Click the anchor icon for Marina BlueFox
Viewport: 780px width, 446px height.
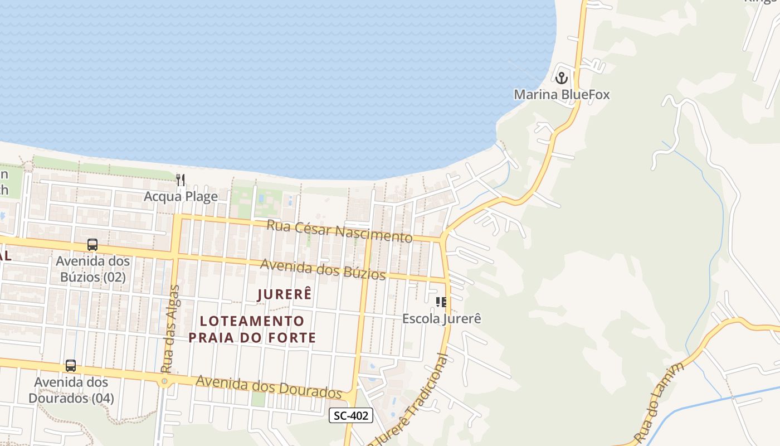click(562, 77)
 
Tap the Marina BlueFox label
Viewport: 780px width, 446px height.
click(562, 94)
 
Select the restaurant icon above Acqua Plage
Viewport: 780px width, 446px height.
click(181, 180)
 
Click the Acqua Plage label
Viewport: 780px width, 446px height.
click(181, 196)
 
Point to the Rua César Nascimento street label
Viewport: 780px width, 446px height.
click(339, 231)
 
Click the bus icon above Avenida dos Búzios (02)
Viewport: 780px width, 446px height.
click(92, 244)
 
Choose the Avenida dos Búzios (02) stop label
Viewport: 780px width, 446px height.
click(92, 269)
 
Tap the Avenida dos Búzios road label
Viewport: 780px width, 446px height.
click(323, 269)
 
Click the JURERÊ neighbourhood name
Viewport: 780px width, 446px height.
click(284, 294)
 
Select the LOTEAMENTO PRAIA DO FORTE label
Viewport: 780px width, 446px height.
click(252, 329)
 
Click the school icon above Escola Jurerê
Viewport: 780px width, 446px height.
click(441, 302)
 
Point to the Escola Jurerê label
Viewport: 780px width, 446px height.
click(441, 318)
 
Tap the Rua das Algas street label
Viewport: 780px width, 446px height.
click(170, 329)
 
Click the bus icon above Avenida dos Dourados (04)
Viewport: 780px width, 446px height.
click(71, 366)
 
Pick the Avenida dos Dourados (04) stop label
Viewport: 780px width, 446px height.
click(71, 390)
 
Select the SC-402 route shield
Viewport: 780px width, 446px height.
click(350, 415)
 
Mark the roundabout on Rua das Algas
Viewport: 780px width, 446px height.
click(164, 382)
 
